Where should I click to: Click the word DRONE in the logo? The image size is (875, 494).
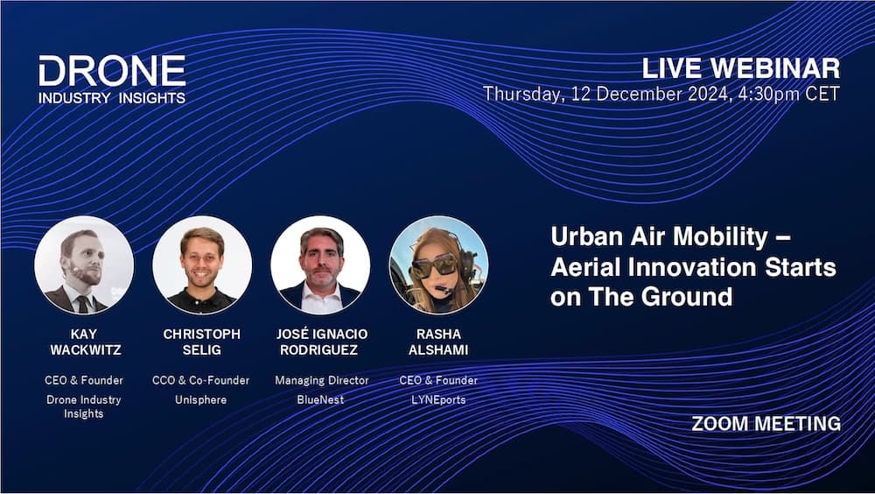coord(112,71)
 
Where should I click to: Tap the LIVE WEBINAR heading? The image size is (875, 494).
coord(741,68)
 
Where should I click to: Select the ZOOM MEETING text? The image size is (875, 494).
coord(766,424)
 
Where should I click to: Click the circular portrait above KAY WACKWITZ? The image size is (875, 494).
coord(84,265)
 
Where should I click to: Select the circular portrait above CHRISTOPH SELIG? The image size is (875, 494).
coord(202,265)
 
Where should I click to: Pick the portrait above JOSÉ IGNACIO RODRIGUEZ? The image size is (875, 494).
coord(320,265)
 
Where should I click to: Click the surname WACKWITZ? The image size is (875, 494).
coord(84,349)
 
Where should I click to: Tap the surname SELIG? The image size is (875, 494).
coord(202,349)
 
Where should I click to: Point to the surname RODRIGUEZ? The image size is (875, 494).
coord(320,349)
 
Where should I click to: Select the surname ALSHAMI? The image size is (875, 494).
coord(438,349)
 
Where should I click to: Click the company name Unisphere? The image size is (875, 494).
coord(202,399)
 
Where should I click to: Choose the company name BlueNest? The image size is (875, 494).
coord(320,399)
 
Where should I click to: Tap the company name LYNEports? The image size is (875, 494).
coord(438,399)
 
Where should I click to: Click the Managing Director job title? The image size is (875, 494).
coord(321,380)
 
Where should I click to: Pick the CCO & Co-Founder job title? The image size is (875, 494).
coord(202,380)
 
